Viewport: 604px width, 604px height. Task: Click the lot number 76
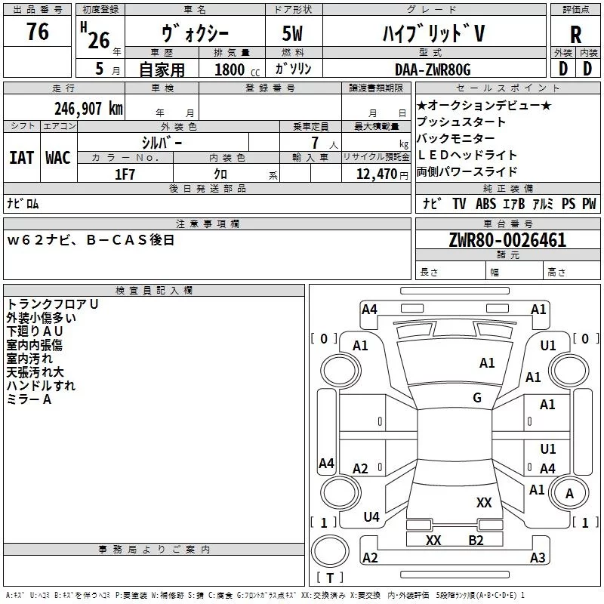[x=37, y=32]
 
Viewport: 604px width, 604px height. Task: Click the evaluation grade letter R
[x=575, y=35]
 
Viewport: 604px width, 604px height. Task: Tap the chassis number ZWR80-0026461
[x=507, y=241]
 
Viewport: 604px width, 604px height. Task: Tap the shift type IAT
[x=22, y=157]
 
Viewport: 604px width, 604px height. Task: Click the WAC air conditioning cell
[x=58, y=157]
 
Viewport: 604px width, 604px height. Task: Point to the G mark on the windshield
[x=476, y=398]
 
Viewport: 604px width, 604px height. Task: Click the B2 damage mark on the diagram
[x=476, y=540]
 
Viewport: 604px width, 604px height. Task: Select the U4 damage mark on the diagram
[x=371, y=517]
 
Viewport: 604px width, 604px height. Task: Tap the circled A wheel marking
[x=570, y=493]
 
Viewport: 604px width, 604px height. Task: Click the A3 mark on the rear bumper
[x=538, y=558]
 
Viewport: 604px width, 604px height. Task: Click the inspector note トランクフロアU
[x=53, y=304]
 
